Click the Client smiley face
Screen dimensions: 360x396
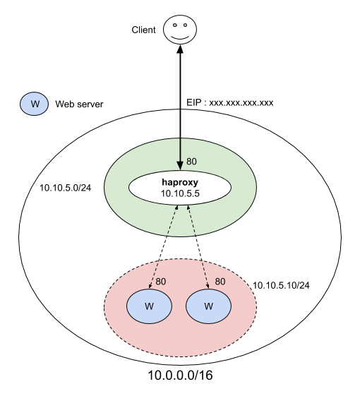coord(180,30)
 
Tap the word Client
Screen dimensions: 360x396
coord(143,30)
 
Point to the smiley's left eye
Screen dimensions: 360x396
coord(174,25)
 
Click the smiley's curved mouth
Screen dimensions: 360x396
coord(180,38)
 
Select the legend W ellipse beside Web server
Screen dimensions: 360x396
coord(35,104)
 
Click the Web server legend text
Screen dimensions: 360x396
coord(79,104)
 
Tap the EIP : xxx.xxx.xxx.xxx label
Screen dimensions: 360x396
coord(230,103)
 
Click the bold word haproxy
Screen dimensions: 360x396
coord(180,182)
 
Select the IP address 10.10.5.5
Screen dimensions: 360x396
coord(180,193)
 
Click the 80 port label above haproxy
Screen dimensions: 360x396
coord(191,162)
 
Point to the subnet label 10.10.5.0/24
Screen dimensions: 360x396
coord(66,188)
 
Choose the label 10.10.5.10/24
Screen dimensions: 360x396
coord(281,285)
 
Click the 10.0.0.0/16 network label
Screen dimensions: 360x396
coord(180,376)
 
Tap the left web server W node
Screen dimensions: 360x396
coord(150,306)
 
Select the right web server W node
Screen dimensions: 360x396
coord(208,306)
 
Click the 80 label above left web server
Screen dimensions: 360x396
coord(161,282)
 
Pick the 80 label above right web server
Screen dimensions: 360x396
coord(220,282)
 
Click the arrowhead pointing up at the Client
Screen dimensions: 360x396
coord(180,49)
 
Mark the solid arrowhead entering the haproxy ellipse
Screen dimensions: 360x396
coord(180,166)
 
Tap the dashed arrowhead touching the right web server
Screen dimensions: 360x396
coord(208,286)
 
